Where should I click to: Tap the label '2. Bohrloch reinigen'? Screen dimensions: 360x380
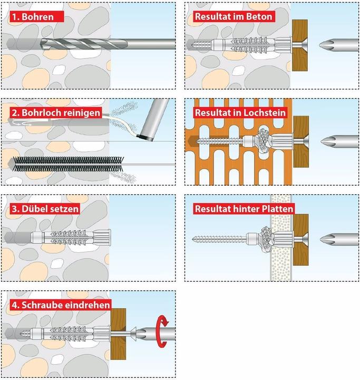point(56,113)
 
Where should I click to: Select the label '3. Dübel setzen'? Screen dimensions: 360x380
point(45,208)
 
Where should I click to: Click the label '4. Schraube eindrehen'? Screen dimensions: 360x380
point(61,305)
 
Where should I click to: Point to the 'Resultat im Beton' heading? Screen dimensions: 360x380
point(233,16)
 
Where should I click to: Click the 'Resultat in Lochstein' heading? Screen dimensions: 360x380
point(240,113)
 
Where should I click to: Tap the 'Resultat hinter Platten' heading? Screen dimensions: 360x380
point(244,208)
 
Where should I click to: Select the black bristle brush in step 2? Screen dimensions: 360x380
point(68,164)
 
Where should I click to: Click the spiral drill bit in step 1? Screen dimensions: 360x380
point(84,44)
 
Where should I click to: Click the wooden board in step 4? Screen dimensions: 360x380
point(118,334)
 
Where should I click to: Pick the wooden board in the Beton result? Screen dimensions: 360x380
point(300,45)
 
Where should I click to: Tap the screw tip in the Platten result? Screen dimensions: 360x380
point(193,240)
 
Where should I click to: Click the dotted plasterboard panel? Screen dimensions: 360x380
point(281,238)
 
